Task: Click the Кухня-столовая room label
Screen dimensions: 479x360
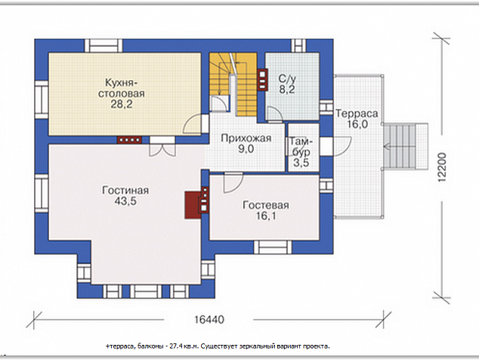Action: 122,88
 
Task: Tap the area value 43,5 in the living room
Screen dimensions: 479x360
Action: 125,201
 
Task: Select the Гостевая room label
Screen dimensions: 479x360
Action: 266,205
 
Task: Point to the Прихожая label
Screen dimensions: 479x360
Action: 246,138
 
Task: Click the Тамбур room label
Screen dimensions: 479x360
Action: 301,147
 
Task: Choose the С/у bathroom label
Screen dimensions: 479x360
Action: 287,79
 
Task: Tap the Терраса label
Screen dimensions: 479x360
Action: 357,113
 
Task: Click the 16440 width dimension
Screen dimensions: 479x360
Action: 209,320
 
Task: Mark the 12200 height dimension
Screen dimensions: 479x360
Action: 442,167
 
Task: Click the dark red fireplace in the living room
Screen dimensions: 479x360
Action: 193,205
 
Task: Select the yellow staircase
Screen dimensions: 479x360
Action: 233,84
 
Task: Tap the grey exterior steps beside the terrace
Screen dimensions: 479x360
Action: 406,146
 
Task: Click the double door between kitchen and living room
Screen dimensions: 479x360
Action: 162,147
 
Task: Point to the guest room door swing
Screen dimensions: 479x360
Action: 233,182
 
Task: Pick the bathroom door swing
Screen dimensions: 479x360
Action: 274,113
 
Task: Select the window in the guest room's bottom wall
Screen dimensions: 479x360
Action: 273,247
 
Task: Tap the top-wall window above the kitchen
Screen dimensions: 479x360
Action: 104,45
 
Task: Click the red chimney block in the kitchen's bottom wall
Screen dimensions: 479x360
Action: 129,140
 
